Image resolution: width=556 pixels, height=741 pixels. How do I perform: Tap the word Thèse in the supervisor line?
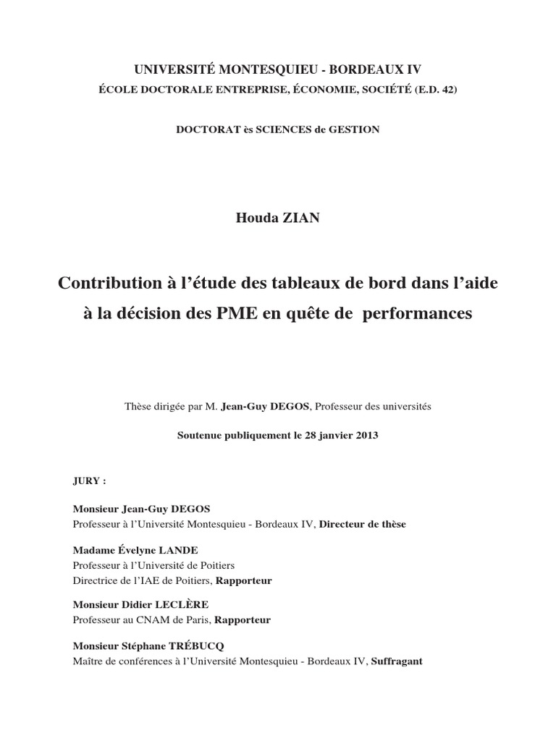pyautogui.click(x=138, y=407)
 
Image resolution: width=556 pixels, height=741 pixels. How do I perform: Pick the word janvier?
pyautogui.click(x=329, y=436)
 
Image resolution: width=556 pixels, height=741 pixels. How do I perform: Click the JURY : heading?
pyautogui.click(x=89, y=480)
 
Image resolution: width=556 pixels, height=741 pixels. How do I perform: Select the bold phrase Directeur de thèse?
pyautogui.click(x=363, y=524)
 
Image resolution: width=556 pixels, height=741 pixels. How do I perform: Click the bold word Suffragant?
pyautogui.click(x=397, y=661)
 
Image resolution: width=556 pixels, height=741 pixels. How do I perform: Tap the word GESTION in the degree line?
pyautogui.click(x=356, y=130)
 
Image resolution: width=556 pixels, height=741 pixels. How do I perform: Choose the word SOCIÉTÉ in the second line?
pyautogui.click(x=368, y=89)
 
